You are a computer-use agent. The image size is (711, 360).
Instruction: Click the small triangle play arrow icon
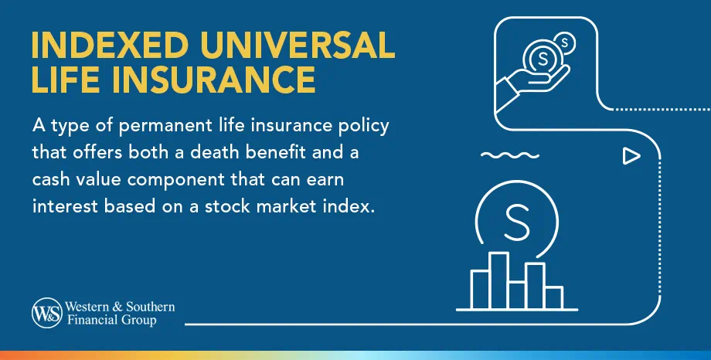[x=631, y=157]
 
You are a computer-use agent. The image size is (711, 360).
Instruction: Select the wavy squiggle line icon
[x=503, y=155]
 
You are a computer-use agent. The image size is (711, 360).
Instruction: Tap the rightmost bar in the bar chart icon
[x=553, y=297]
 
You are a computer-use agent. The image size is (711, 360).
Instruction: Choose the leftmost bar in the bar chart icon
[x=480, y=289]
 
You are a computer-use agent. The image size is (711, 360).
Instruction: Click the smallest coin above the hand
[x=566, y=42]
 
